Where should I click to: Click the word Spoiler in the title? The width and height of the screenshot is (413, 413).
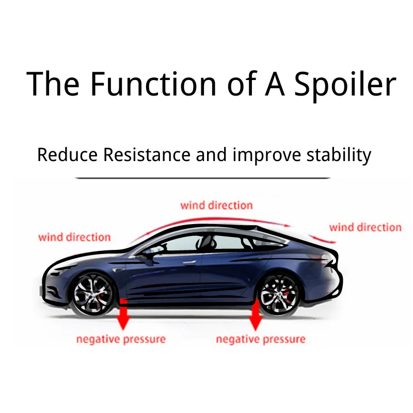(345, 84)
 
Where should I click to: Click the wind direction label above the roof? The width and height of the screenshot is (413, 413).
(216, 205)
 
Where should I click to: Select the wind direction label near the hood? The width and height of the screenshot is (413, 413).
(74, 237)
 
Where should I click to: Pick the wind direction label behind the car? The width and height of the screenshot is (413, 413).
(365, 227)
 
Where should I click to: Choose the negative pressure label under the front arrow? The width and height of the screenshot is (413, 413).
(121, 339)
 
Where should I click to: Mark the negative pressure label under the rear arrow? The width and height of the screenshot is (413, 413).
(260, 339)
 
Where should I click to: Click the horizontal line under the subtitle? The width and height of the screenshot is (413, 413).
(202, 178)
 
